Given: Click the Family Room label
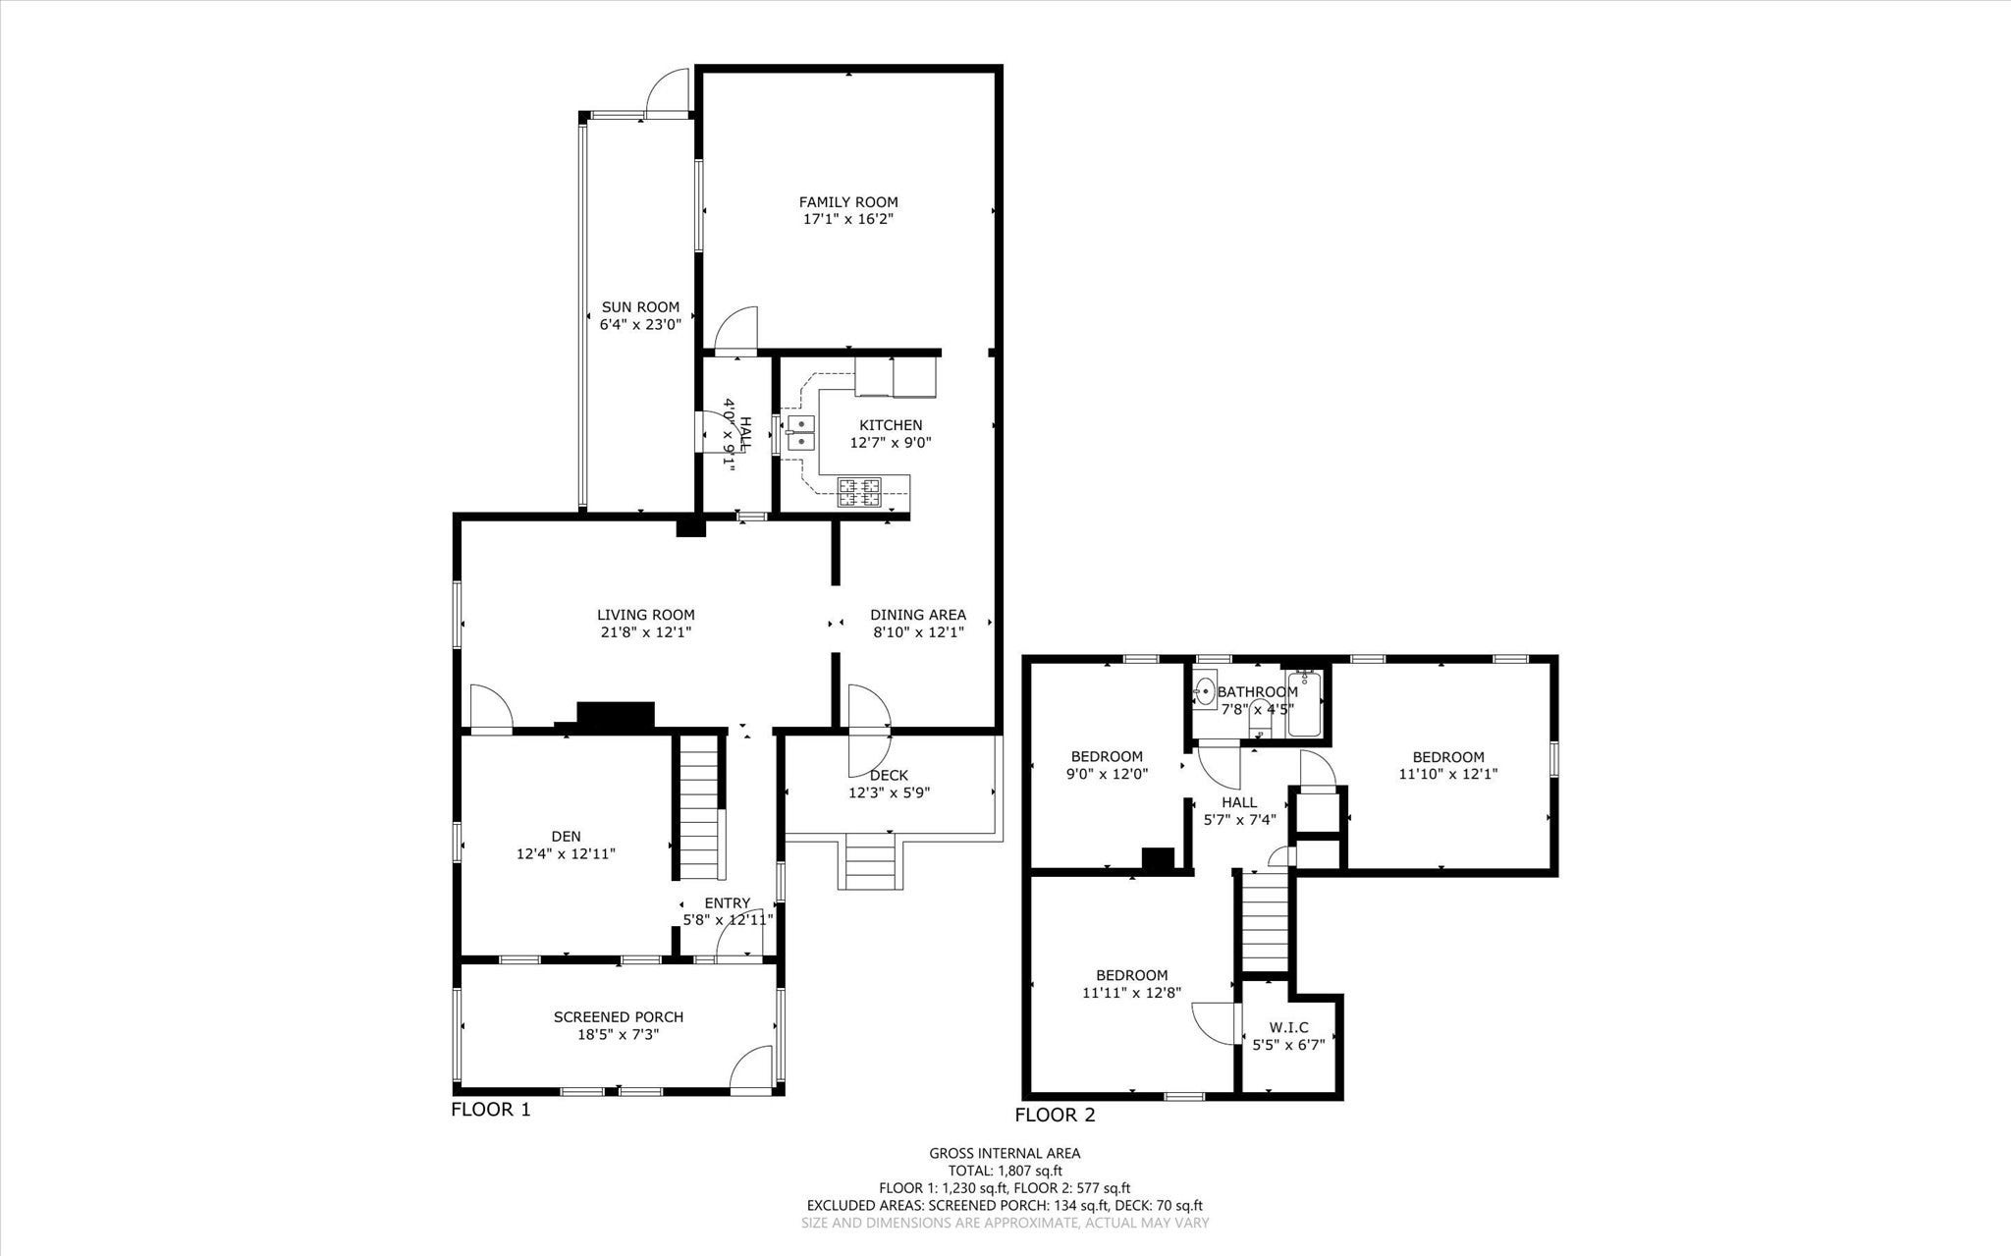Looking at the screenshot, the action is click(x=848, y=202).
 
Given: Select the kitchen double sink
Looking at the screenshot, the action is click(x=801, y=432).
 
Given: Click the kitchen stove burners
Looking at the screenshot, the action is click(x=860, y=491).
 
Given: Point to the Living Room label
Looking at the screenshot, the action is click(x=647, y=615).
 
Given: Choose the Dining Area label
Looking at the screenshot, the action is click(x=918, y=615).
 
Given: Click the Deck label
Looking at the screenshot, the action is click(x=889, y=775).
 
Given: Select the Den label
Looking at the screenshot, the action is click(x=566, y=836).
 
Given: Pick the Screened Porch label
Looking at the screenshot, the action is click(x=619, y=1016).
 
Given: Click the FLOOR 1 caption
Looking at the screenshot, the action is click(x=490, y=1110).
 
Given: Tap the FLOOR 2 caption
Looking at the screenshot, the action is click(x=1055, y=1115).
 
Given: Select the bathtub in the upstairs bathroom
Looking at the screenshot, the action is click(x=1304, y=704).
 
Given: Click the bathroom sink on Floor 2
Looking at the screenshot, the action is click(x=1205, y=692).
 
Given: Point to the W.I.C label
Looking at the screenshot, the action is click(x=1288, y=1027).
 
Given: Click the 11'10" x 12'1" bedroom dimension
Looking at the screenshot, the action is click(x=1448, y=774).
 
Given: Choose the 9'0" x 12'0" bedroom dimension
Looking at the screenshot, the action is click(x=1107, y=774).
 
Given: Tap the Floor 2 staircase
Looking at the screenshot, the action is click(x=1265, y=922).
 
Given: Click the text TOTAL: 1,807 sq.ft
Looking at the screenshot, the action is click(x=1005, y=1171).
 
